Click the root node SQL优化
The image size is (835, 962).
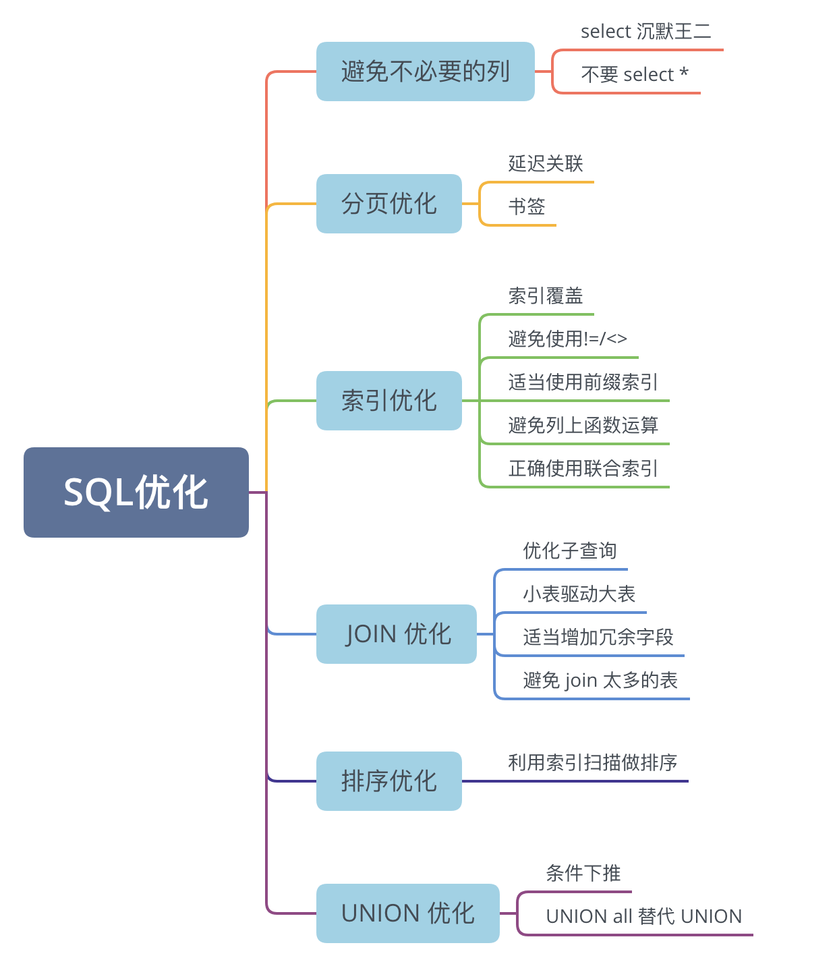pos(136,492)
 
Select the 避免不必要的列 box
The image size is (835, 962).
pos(425,72)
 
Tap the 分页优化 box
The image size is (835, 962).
pos(388,204)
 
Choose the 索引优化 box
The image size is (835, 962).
pos(388,401)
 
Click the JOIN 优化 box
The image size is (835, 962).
pos(397,634)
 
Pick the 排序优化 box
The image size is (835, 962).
pos(388,781)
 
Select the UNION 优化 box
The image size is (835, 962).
pos(407,913)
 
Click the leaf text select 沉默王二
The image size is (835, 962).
pos(645,32)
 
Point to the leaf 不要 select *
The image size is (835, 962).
pos(634,74)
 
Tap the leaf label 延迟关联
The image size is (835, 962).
pos(545,164)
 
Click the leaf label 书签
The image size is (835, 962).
pos(526,206)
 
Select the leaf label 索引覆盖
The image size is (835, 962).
pos(545,296)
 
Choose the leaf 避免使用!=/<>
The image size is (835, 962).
pos(567,339)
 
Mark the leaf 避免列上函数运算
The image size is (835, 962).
pos(583,426)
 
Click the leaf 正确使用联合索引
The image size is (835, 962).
pos(583,468)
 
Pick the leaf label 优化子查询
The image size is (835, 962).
pos(569,551)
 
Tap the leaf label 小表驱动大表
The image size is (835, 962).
pos(579,594)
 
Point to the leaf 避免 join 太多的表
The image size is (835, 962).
pos(600,681)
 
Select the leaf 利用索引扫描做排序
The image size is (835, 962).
pos(592,763)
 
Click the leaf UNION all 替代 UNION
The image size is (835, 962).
pos(643,916)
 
